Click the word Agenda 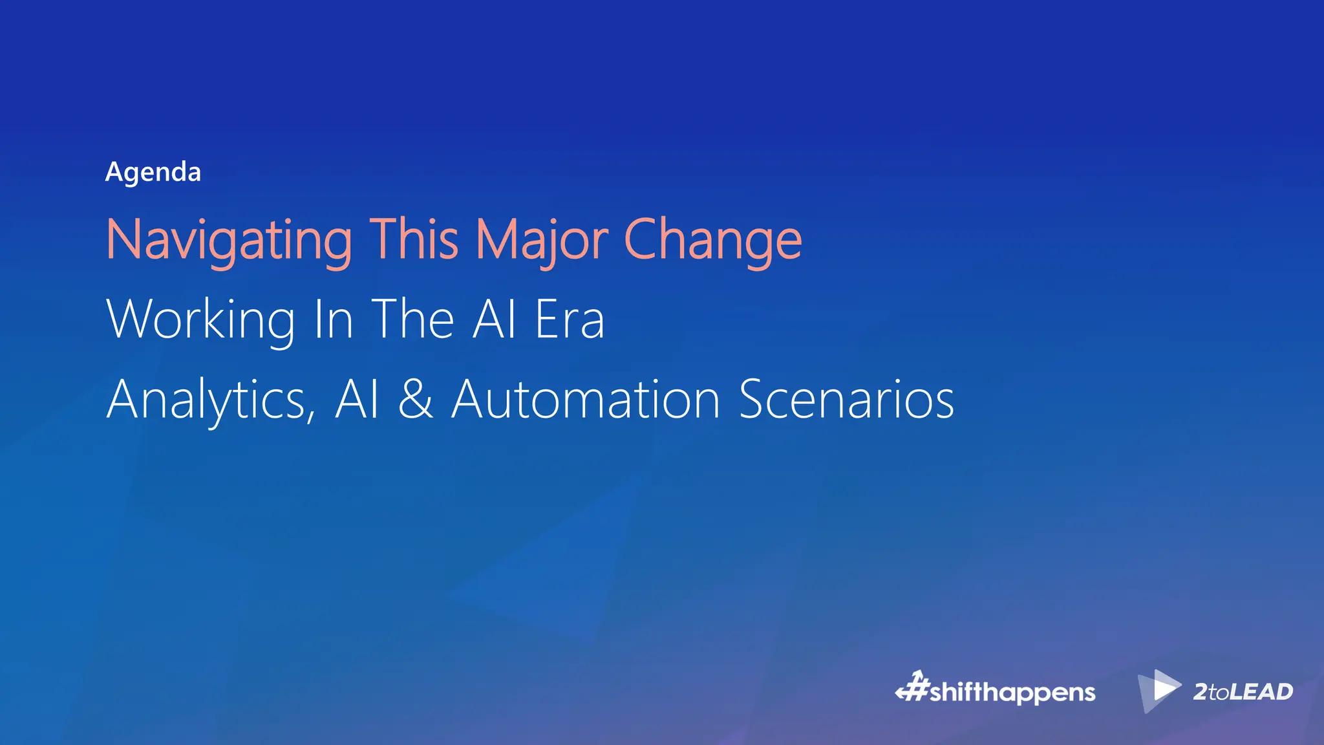[153, 173]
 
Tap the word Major [542, 241]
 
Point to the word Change [713, 241]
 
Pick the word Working [200, 319]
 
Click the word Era [570, 319]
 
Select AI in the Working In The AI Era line [495, 319]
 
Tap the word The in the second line [412, 319]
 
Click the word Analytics [205, 400]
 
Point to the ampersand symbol [415, 400]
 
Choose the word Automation [586, 400]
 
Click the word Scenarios [846, 400]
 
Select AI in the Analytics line [356, 400]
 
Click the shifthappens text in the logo [1012, 693]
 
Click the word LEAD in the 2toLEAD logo [1261, 692]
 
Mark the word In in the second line [333, 319]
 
